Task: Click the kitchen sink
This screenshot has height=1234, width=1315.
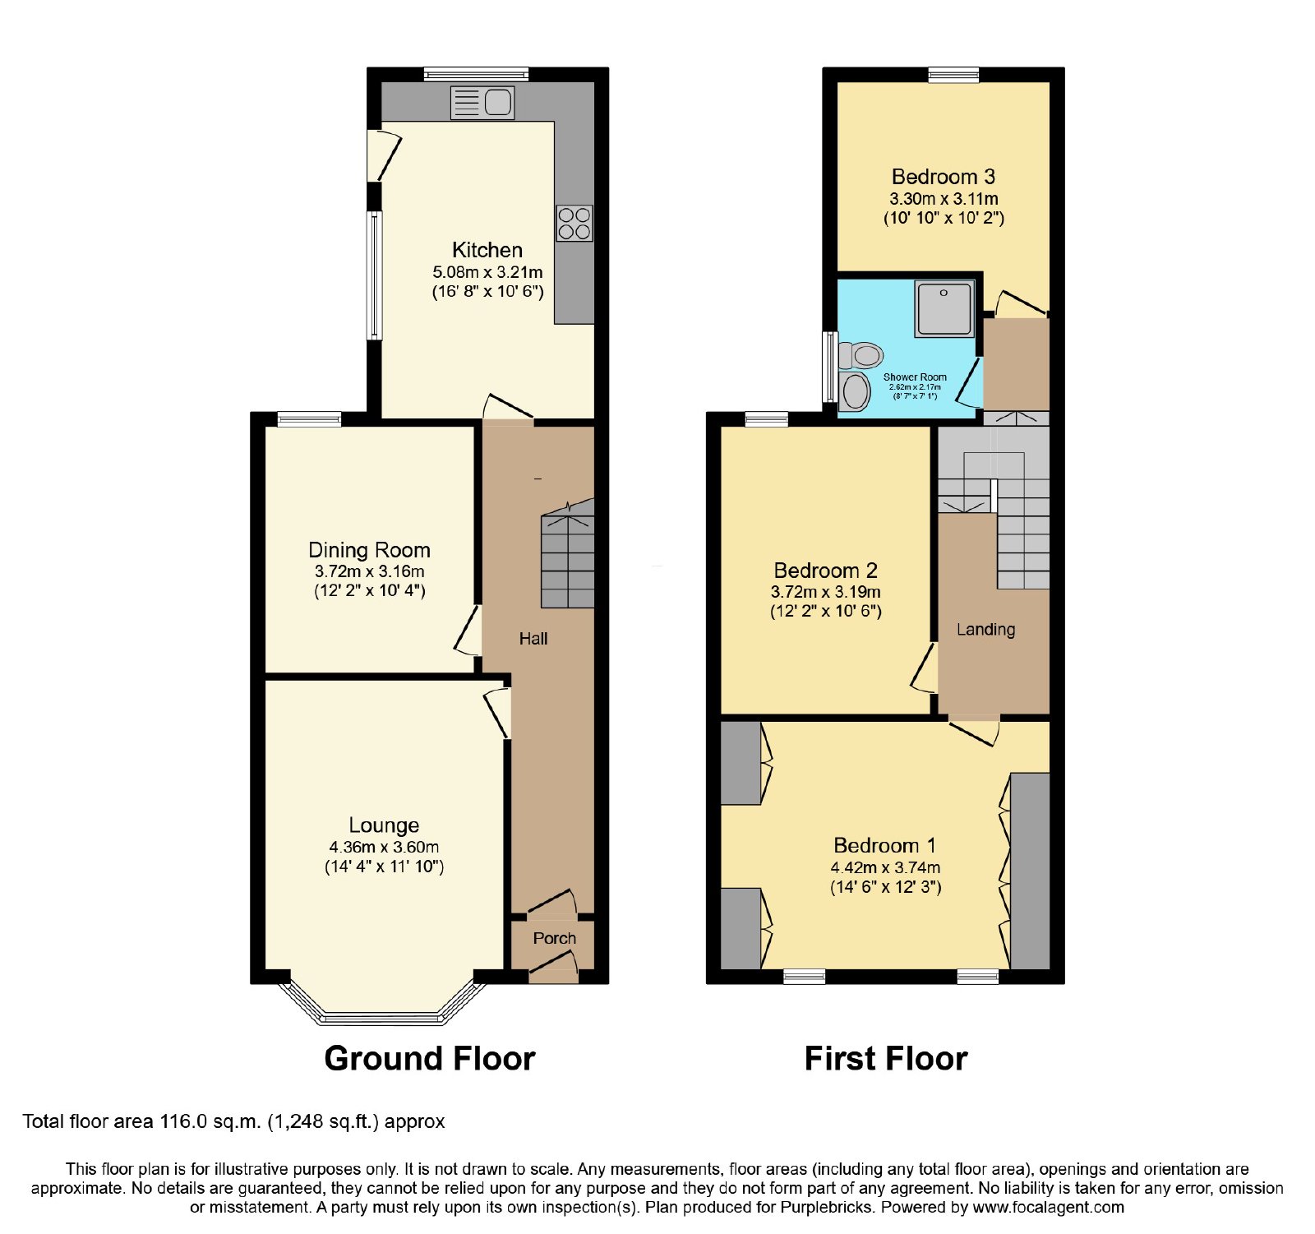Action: coord(482,103)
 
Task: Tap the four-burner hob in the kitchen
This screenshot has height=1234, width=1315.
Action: coord(574,223)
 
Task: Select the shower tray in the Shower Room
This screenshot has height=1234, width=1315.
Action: coord(944,308)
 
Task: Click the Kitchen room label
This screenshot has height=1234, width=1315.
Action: coord(487,250)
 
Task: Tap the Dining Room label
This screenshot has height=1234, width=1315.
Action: coord(369,550)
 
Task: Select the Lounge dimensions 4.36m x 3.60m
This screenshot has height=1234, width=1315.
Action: coord(384,847)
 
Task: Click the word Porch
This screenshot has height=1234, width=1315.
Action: coord(554,938)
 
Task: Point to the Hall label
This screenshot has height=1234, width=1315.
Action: coord(533,639)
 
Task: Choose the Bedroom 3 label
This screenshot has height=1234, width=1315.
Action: coord(944,177)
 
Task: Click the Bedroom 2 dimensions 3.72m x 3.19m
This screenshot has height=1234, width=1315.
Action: coord(825,592)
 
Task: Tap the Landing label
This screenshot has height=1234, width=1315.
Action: coord(985,630)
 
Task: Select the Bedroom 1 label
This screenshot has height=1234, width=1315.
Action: coord(884,845)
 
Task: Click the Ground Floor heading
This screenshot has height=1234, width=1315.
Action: coord(430,1058)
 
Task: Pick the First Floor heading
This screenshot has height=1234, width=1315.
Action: coord(886,1058)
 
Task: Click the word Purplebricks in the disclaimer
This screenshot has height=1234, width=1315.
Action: coord(829,1208)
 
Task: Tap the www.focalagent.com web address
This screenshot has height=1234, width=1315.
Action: coord(1049,1208)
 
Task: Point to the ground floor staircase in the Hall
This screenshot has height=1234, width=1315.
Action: coord(567,555)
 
